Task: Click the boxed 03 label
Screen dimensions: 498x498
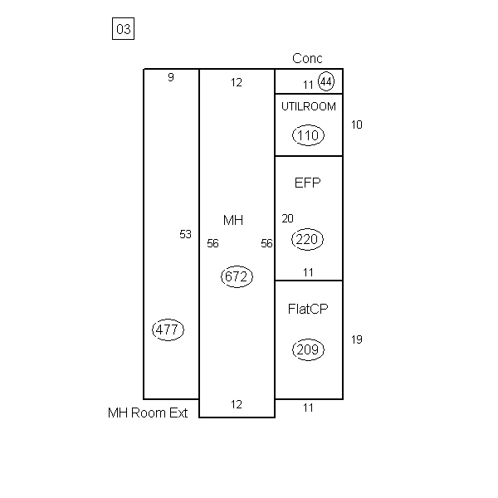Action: pos(123,29)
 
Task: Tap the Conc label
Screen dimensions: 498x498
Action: pos(307,58)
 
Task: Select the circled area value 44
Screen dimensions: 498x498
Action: pos(326,81)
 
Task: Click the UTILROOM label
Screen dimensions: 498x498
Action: pos(309,106)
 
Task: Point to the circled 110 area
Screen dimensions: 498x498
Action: pos(308,135)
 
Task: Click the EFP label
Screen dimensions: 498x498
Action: pos(307,183)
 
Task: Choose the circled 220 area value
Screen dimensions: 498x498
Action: pos(307,239)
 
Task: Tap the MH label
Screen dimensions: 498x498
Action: pos(233,220)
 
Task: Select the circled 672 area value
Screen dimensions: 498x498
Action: pos(237,276)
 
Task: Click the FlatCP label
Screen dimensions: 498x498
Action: pos(308,309)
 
